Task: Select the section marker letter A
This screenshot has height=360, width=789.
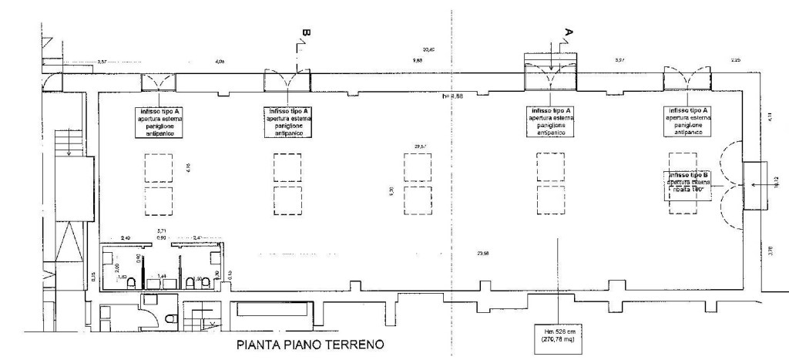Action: click(569, 33)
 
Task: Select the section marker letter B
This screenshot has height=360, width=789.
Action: click(305, 33)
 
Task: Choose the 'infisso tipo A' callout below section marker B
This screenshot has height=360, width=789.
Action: click(289, 123)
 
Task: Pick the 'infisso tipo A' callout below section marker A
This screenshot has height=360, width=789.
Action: click(551, 123)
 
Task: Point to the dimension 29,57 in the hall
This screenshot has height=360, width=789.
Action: click(420, 146)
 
